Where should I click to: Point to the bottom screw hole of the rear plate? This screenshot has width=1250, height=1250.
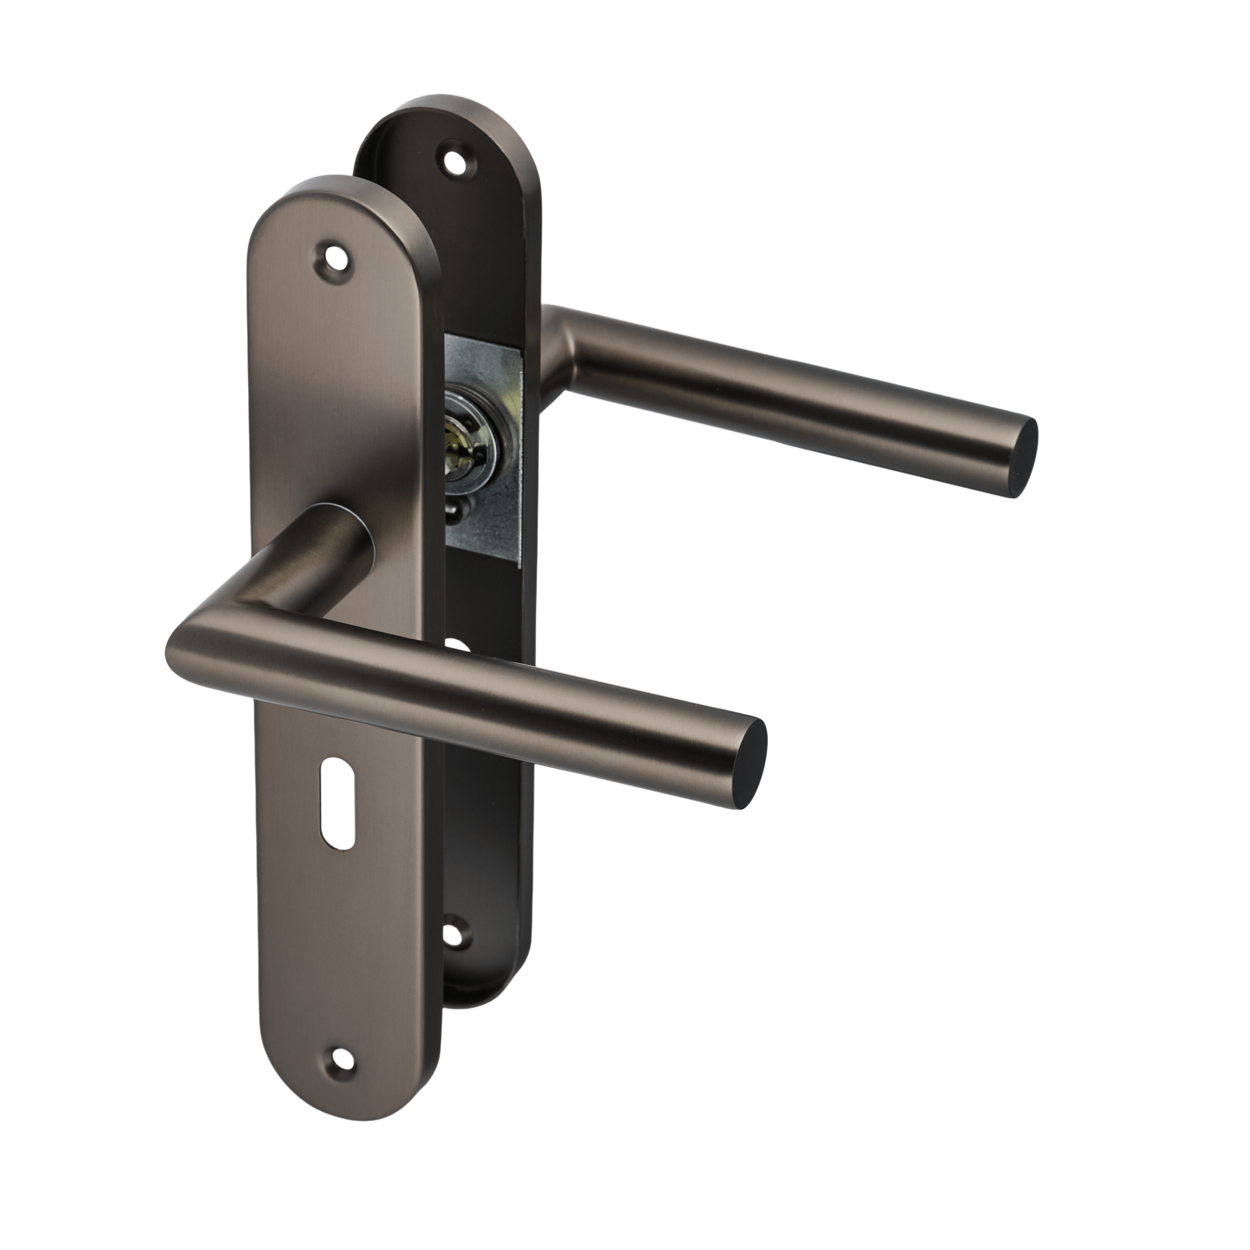pyautogui.click(x=457, y=933)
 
